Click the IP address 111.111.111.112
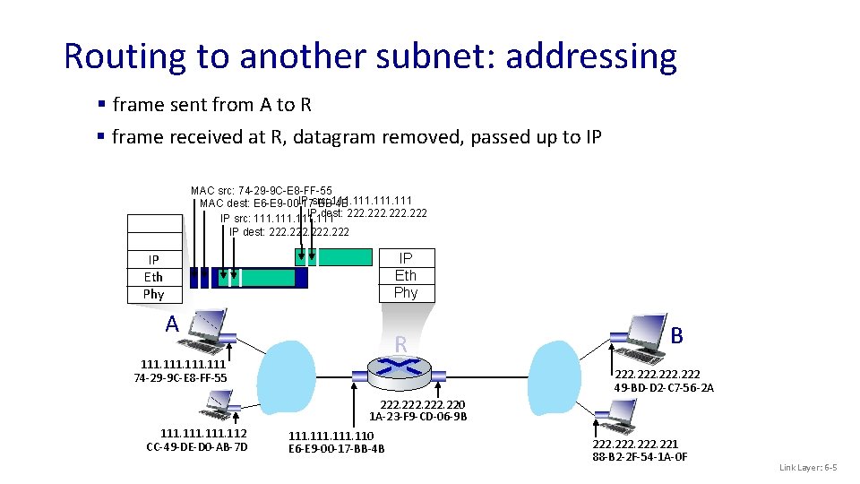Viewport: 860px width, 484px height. [x=203, y=434]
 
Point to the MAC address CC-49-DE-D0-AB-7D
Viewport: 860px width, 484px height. [x=197, y=447]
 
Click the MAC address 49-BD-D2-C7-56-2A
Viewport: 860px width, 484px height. [x=664, y=387]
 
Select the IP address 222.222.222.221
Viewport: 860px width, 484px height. [x=635, y=444]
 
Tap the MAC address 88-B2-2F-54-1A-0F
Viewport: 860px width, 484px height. [x=641, y=457]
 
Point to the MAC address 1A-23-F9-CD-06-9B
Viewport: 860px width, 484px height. [x=418, y=417]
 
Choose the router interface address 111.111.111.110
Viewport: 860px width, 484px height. [x=331, y=436]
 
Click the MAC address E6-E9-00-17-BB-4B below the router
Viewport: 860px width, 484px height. [x=337, y=448]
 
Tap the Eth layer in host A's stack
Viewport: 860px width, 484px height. [x=153, y=277]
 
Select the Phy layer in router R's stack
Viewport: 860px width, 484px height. [x=406, y=292]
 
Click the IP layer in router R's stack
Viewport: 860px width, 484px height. [x=406, y=258]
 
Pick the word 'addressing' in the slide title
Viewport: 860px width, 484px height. [x=591, y=56]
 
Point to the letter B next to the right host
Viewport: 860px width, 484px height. [x=677, y=335]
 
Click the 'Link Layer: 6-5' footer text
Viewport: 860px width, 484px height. [x=808, y=468]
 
